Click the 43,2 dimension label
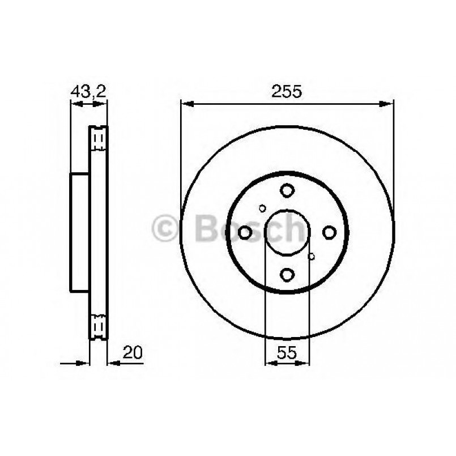pyautogui.click(x=88, y=91)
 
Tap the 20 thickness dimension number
pyautogui.click(x=133, y=352)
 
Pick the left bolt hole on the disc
pyautogui.click(x=245, y=232)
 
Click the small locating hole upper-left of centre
pyautogui.click(x=262, y=207)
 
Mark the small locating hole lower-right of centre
pyautogui.click(x=311, y=257)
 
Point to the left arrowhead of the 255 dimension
pyautogui.click(x=185, y=104)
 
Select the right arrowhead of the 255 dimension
pyautogui.click(x=389, y=104)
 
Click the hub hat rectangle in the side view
pyautogui.click(x=80, y=232)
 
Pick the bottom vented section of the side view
pyautogui.click(x=99, y=325)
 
